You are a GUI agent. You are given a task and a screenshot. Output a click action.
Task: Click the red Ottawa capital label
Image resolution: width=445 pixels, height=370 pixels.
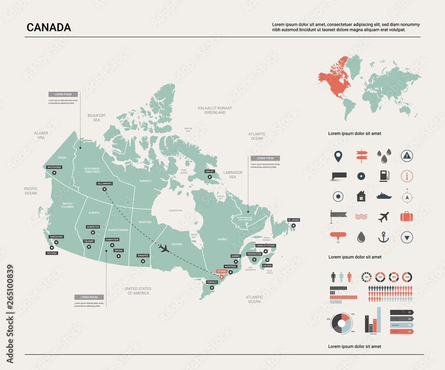221,271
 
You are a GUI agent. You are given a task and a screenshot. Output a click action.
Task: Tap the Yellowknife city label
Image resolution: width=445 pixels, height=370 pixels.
105,183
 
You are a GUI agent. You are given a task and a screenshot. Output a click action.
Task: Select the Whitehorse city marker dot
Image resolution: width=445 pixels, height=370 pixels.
54,173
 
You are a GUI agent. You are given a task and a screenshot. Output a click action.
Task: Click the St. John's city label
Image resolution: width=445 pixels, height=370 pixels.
294,220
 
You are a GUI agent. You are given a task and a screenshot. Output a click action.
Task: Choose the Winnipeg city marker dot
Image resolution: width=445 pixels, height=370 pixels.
143,261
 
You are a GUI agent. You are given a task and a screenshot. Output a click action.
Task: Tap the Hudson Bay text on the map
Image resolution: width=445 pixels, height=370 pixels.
176,210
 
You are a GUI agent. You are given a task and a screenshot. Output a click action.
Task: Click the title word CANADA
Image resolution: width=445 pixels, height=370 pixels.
49,28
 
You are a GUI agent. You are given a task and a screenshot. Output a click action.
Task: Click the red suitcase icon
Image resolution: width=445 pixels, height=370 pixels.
407,217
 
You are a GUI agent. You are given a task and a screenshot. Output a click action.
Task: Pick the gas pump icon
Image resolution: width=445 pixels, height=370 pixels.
384,176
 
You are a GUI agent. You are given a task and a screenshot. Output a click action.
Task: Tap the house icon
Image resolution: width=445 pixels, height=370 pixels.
360,196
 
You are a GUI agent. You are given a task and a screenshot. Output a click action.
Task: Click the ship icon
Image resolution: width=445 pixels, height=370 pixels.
384,195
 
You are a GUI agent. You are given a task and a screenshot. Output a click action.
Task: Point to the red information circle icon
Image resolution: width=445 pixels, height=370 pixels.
407,176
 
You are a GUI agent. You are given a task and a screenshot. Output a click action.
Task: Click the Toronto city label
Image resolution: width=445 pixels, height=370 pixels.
212,282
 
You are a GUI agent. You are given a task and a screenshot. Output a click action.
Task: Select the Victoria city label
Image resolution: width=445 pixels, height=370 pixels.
52,253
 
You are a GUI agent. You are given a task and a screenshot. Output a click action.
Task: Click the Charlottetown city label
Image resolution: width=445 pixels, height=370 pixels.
266,246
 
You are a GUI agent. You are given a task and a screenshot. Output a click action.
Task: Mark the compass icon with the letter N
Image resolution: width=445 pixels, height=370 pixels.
407,196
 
